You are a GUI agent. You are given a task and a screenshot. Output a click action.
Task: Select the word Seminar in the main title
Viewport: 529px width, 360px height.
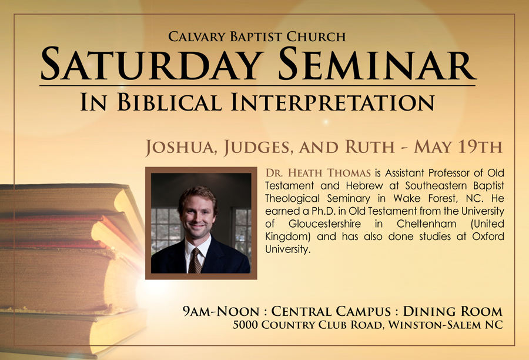376,64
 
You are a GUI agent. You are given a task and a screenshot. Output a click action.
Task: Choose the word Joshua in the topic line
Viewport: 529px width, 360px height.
181,147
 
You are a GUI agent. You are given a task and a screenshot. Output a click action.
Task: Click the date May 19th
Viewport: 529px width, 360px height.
458,146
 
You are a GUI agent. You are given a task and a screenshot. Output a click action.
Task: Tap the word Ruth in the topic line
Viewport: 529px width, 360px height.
370,146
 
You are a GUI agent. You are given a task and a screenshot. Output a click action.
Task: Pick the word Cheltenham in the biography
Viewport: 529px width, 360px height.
427,224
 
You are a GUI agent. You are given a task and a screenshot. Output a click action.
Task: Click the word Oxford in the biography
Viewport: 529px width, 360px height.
488,236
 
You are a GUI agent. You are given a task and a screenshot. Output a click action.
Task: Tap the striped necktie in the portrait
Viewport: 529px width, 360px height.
195,261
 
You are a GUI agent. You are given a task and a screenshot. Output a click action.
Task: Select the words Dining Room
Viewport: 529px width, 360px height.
453,311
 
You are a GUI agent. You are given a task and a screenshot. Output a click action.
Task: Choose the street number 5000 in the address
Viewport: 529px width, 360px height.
245,325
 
